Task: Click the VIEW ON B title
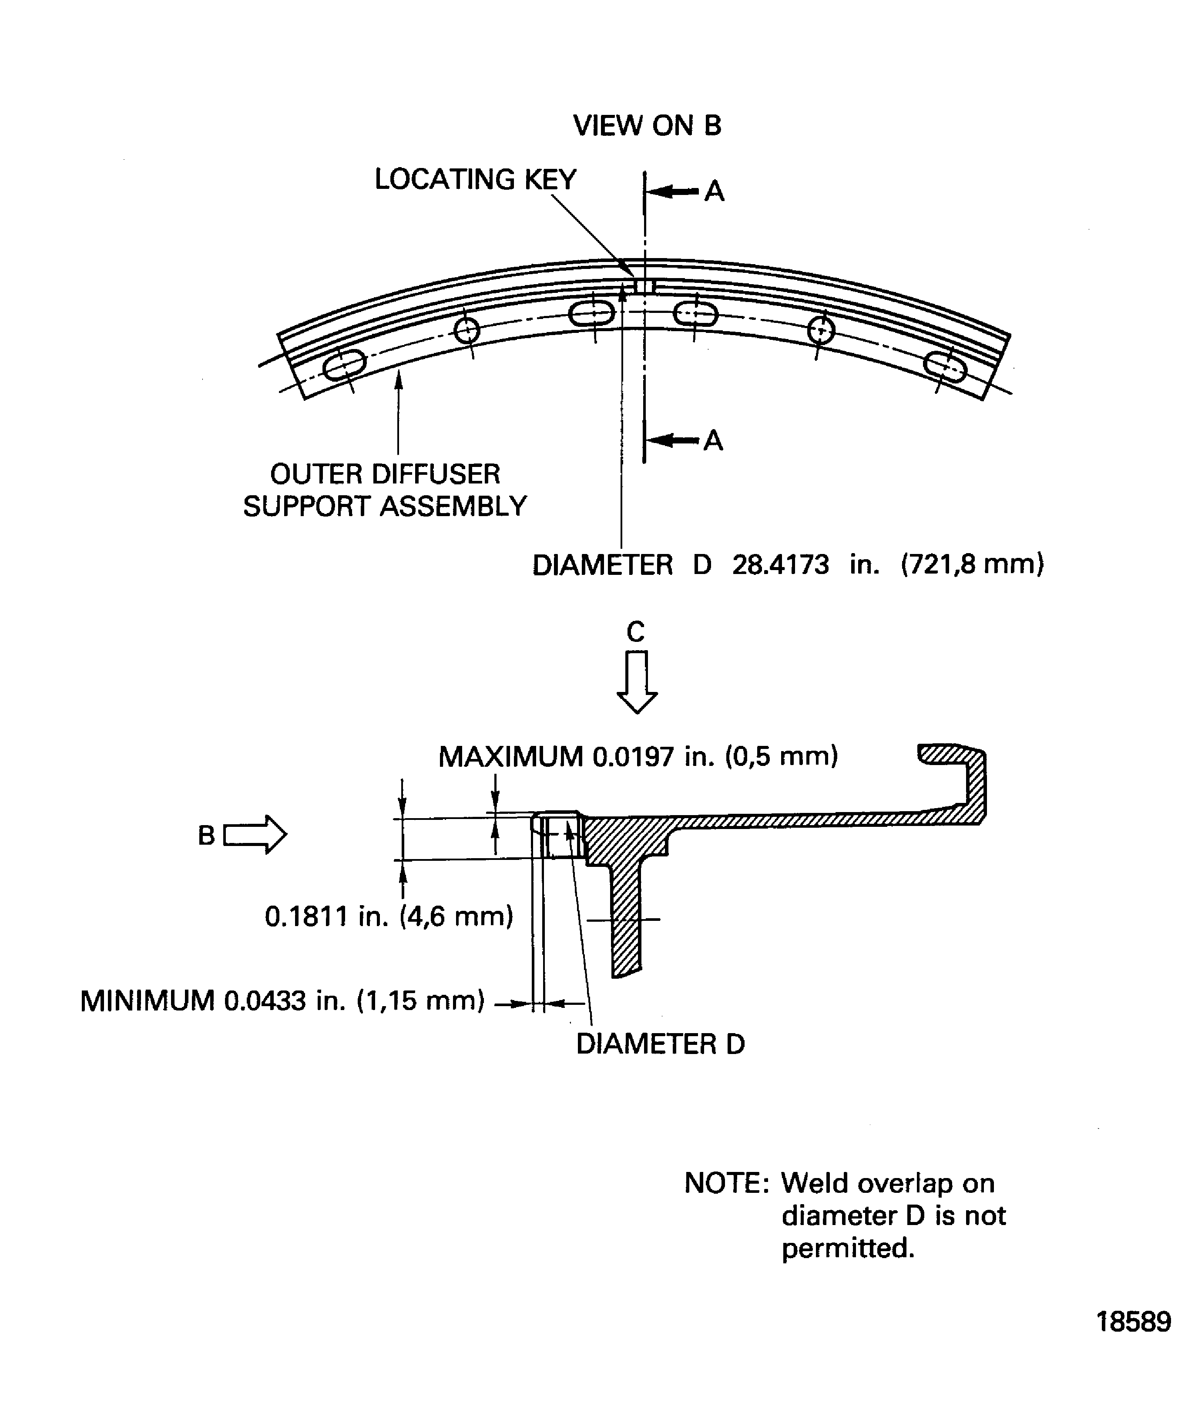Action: coord(647,126)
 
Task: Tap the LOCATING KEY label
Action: coord(475,180)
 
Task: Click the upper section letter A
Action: coord(714,192)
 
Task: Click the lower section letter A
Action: coord(713,441)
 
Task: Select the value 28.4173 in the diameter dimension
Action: coord(780,564)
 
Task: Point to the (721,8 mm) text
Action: coord(972,564)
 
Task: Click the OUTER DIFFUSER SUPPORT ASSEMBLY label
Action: coord(385,490)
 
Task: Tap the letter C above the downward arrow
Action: coord(636,632)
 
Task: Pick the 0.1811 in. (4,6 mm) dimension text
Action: coord(389,917)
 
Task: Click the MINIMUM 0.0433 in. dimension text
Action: coord(282,1001)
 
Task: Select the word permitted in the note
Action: coord(847,1248)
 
